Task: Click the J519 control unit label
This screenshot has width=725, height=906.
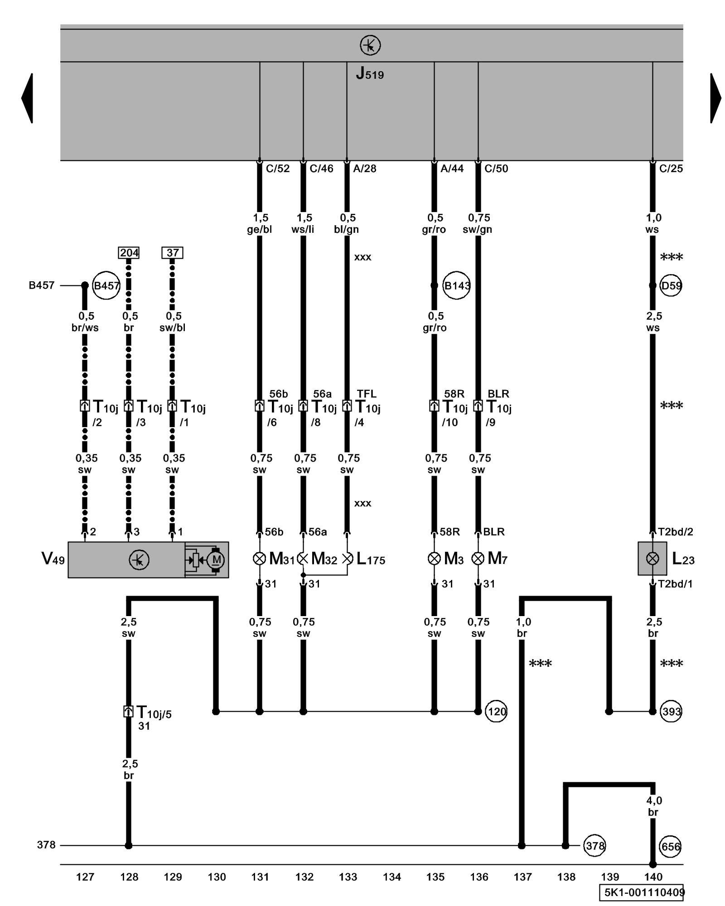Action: (370, 74)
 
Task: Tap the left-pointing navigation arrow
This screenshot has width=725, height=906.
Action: (27, 98)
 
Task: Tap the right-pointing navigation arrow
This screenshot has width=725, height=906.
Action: (715, 98)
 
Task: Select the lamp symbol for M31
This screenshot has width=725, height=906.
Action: (259, 559)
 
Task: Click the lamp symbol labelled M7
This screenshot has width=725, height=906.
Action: (478, 559)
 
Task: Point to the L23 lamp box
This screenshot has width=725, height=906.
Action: (652, 559)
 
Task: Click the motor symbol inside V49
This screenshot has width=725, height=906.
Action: (216, 560)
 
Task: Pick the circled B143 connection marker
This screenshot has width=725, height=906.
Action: (456, 286)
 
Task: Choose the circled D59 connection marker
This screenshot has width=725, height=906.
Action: (671, 286)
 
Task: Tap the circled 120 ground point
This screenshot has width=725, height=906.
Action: (496, 712)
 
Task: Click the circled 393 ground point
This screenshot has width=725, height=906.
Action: (671, 712)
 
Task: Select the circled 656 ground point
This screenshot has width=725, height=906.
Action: (671, 847)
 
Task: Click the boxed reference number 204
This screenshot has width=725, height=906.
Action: (129, 253)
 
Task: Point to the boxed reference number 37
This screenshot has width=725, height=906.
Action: (172, 253)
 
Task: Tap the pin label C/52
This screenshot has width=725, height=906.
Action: (277, 169)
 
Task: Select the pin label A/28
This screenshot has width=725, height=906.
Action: (364, 169)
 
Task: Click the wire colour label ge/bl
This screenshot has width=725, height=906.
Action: (259, 230)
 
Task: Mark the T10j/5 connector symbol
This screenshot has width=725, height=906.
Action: (128, 711)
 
